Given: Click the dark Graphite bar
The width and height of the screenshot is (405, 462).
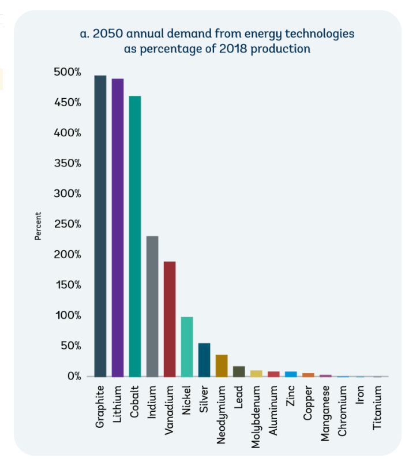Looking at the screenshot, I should (x=100, y=226).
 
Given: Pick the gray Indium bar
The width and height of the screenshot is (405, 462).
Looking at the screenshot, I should (x=152, y=306).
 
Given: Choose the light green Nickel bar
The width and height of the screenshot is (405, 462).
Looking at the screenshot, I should (x=187, y=346).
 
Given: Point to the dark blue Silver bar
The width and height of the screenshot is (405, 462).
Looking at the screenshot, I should (x=204, y=360).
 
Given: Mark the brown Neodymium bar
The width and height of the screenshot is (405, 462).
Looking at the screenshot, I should (x=222, y=366).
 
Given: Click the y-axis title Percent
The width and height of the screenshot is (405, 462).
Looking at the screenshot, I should (x=38, y=226).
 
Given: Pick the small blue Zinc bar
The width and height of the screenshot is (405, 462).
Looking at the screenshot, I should (x=291, y=374).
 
